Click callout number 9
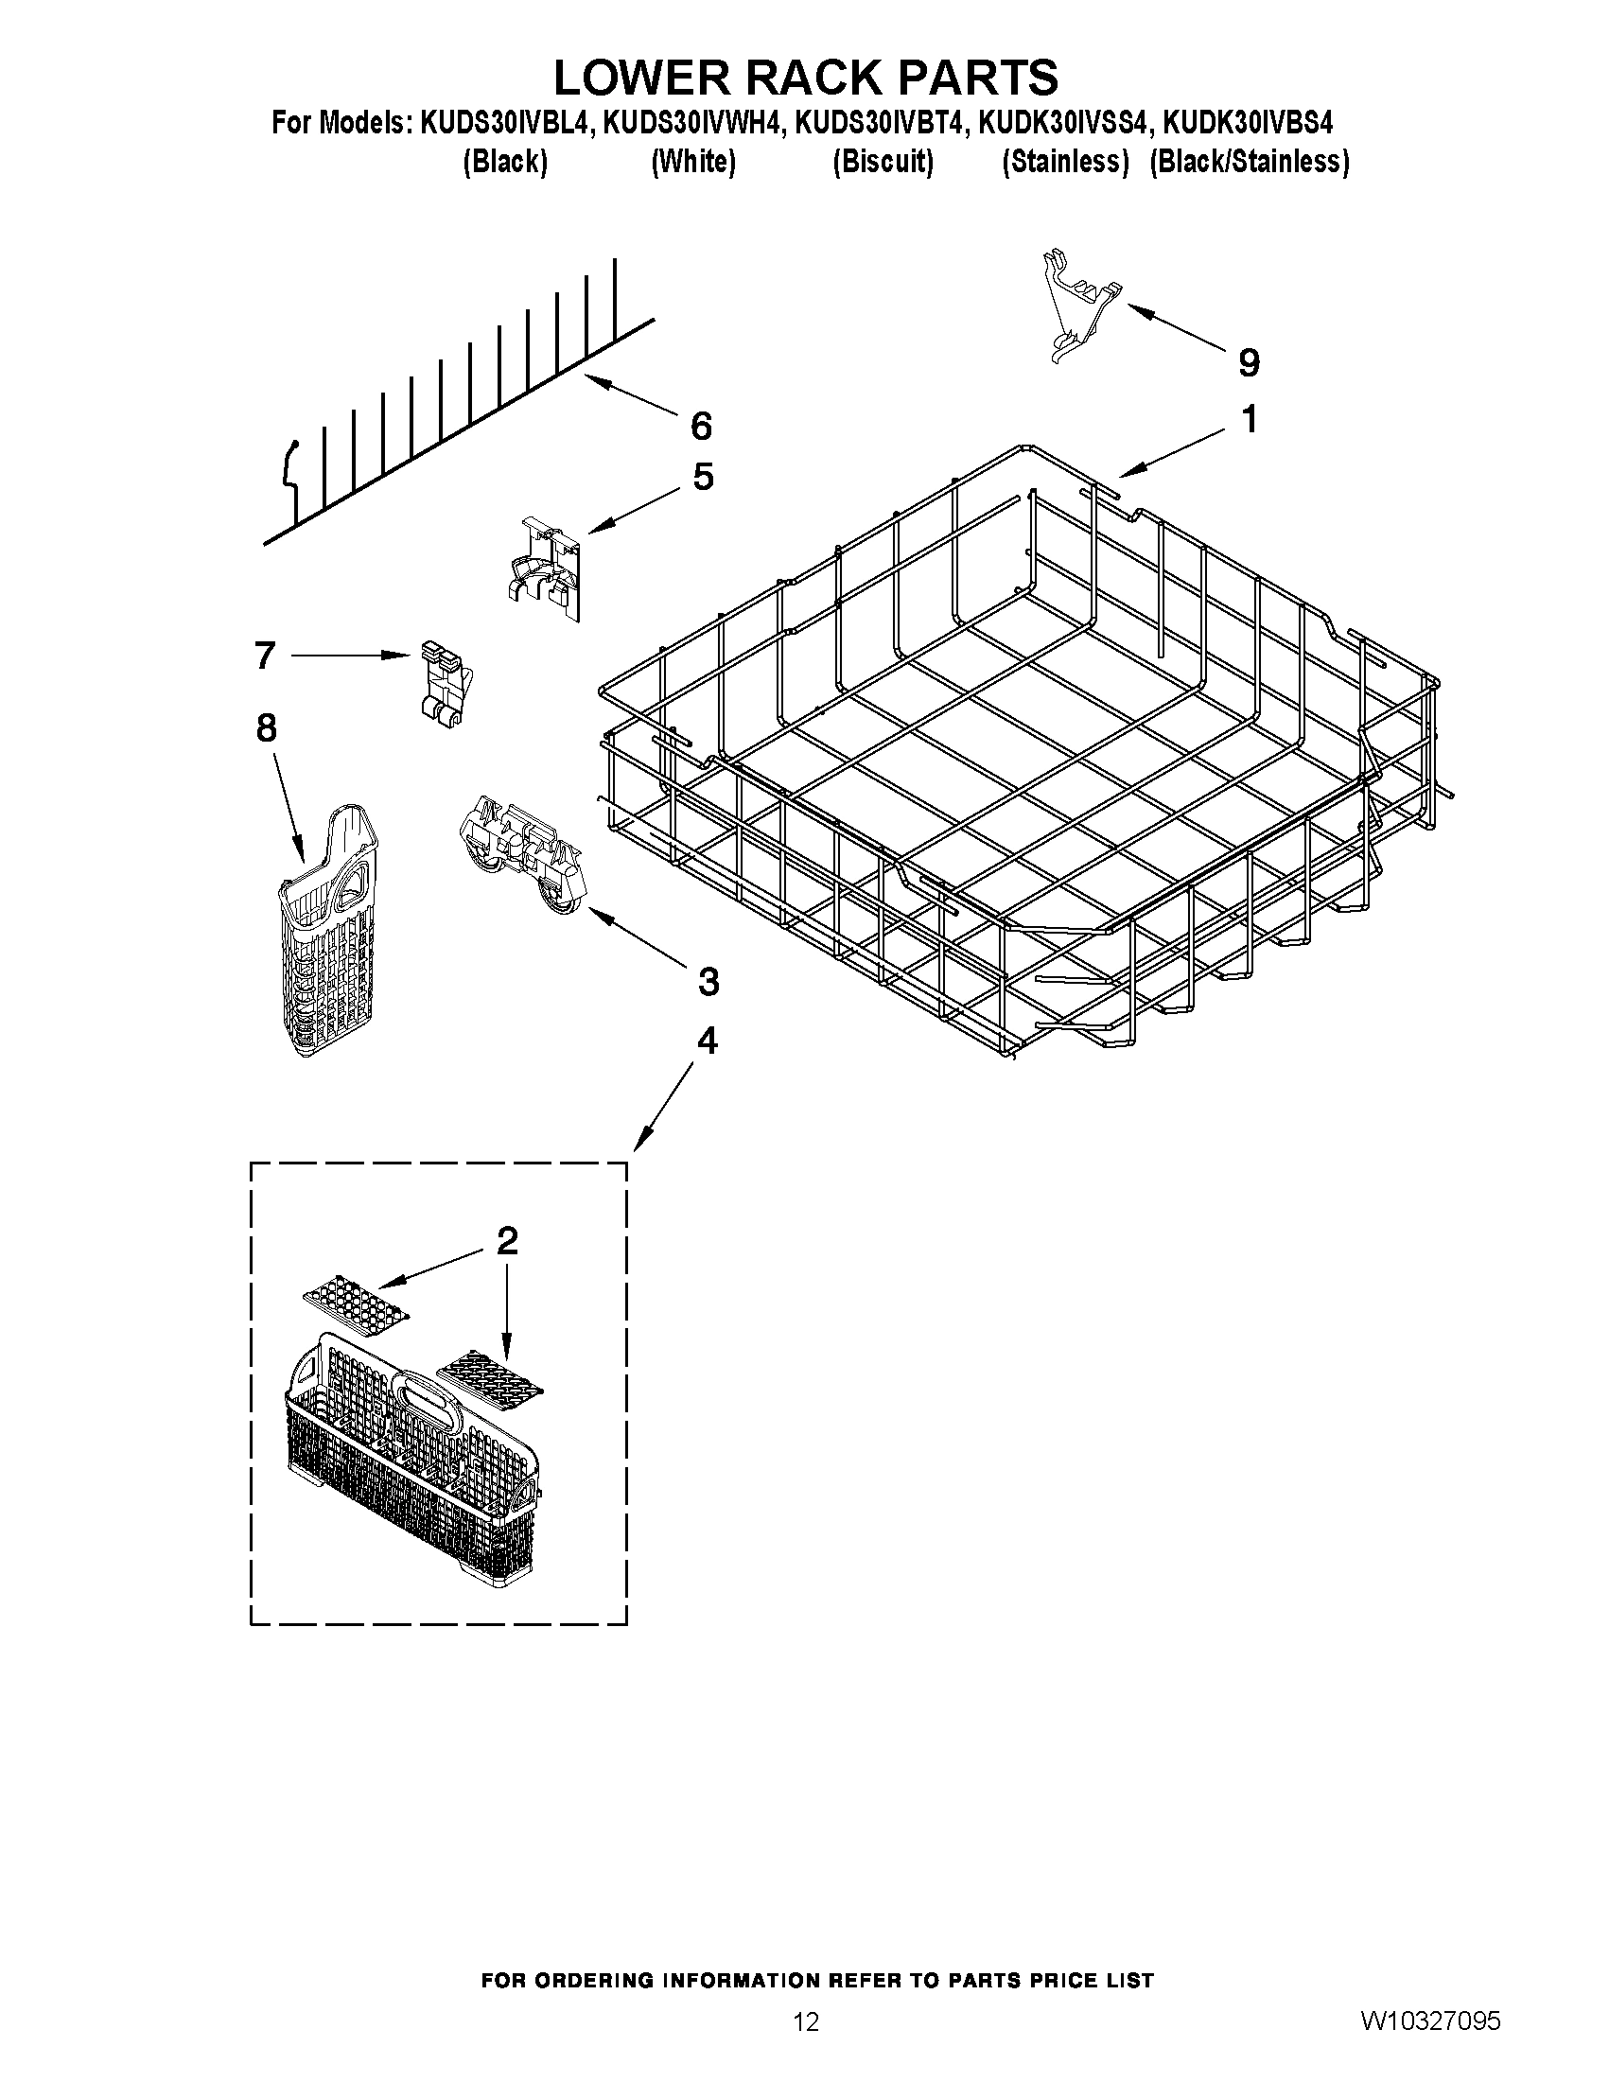[x=1248, y=362]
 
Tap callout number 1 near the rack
[x=1249, y=418]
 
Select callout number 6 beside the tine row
[x=701, y=426]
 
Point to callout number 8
[x=266, y=727]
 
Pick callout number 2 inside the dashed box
[x=507, y=1240]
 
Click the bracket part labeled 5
[x=541, y=569]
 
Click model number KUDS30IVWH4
[x=691, y=123]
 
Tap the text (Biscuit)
[x=883, y=162]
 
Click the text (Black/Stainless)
[x=1249, y=162]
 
